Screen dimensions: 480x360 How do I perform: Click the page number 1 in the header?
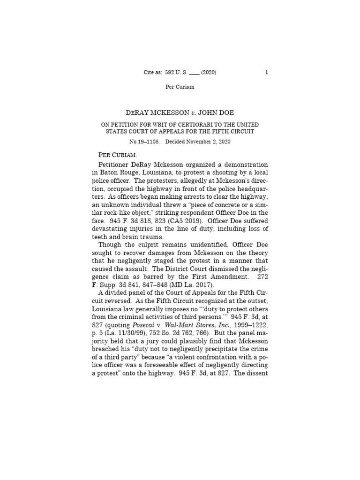pos(266,72)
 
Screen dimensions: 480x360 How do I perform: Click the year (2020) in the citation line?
pos(209,72)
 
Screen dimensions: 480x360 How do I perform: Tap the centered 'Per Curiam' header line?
pos(180,87)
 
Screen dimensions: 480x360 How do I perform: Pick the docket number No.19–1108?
pos(143,141)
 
